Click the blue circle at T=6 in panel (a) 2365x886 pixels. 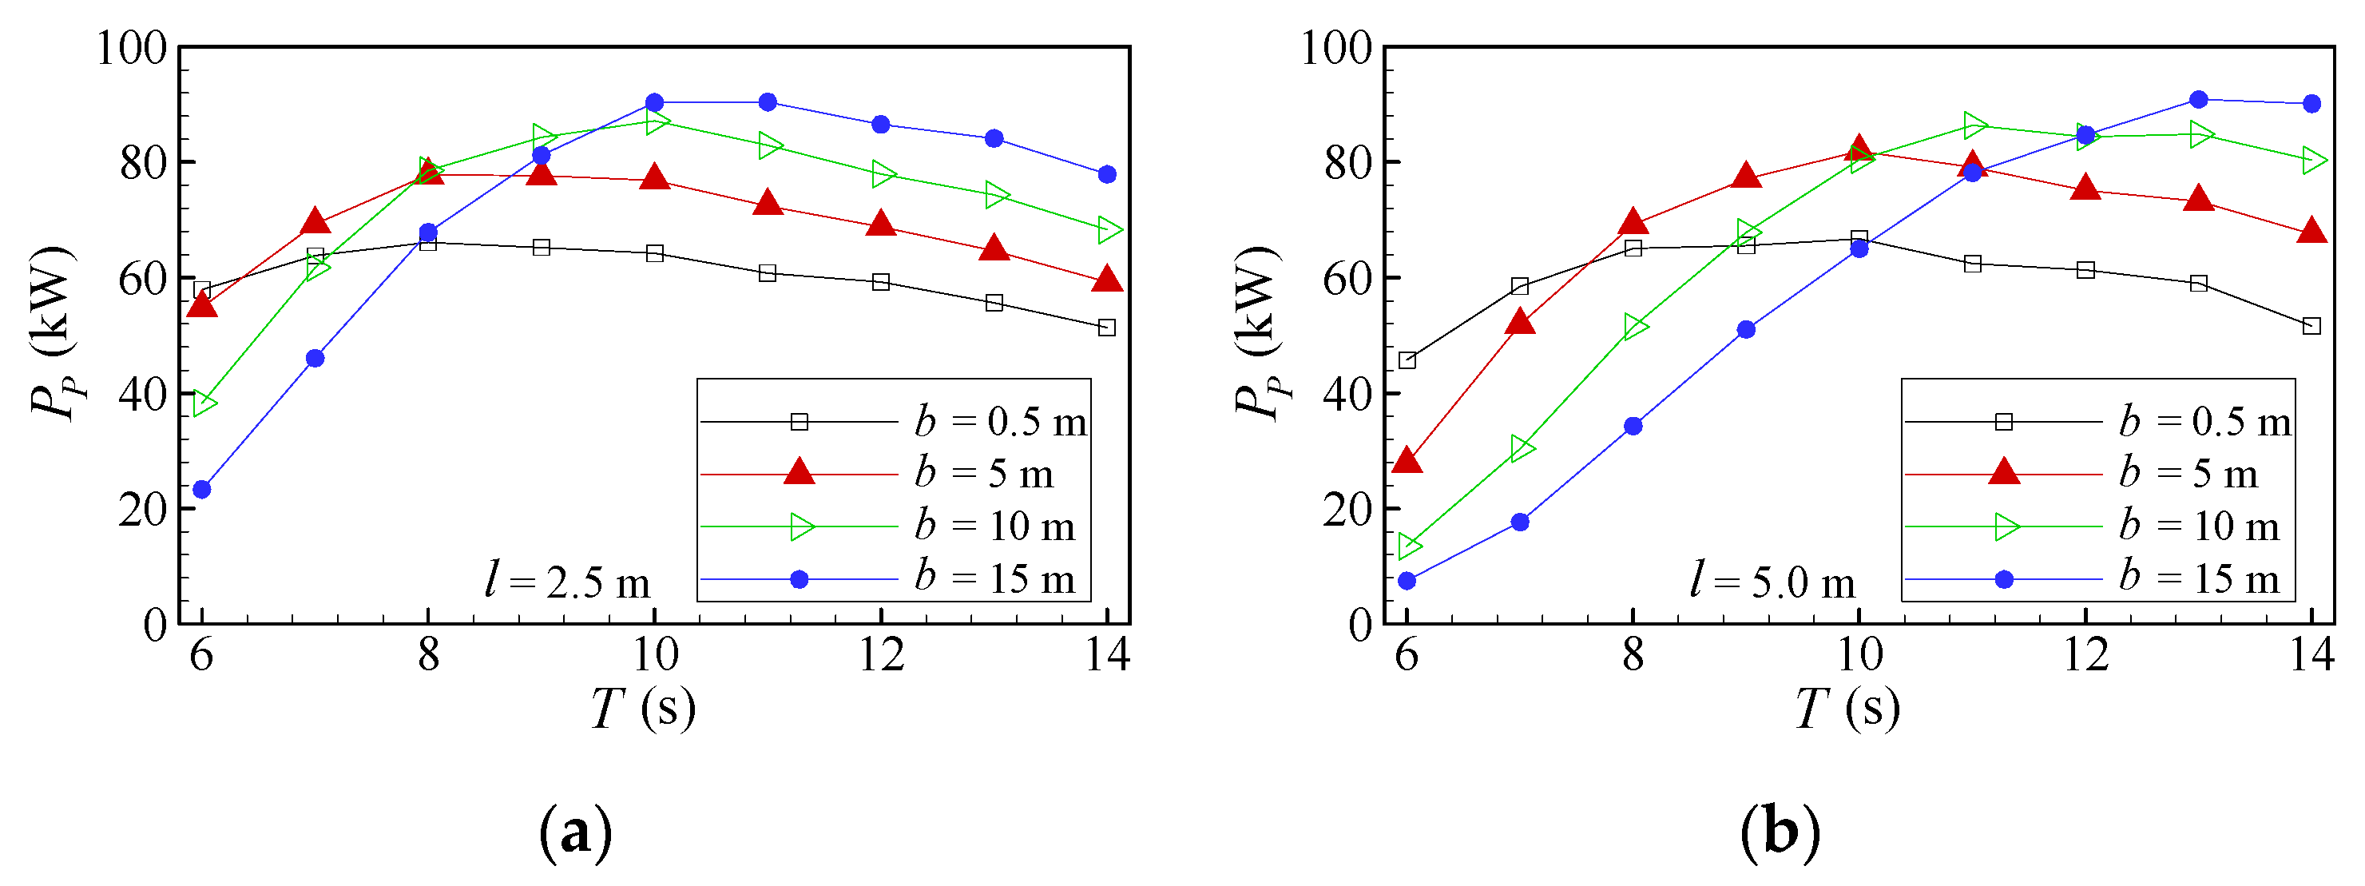(202, 490)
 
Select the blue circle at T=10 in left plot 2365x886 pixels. (655, 103)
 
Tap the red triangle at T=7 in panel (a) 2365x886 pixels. (315, 222)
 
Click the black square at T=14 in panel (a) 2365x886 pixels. (1107, 328)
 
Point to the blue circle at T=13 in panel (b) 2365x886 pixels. (2199, 100)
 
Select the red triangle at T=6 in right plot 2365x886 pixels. (1407, 461)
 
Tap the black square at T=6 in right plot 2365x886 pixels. (1407, 360)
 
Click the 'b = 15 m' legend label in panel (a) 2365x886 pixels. (994, 579)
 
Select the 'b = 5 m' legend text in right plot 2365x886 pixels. (2188, 475)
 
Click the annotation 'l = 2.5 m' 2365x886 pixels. (567, 582)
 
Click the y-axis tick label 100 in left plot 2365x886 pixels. (133, 48)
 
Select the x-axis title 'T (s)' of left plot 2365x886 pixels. (643, 709)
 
